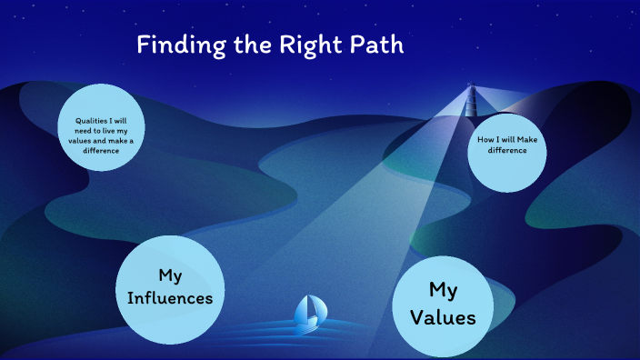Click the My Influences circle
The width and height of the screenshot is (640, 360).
pos(171,286)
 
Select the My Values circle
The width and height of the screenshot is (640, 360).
pos(442,305)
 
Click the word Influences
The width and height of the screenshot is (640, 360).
pos(171,297)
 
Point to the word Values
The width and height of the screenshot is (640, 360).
pos(442,318)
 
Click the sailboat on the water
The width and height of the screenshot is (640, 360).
pos(306,314)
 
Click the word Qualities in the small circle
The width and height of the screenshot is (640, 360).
pos(87,121)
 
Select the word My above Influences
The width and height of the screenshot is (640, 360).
pos(171,274)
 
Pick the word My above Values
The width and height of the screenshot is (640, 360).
pos(442,289)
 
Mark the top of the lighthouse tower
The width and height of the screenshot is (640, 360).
pos(471,87)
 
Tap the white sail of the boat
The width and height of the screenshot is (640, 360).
pos(310,309)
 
